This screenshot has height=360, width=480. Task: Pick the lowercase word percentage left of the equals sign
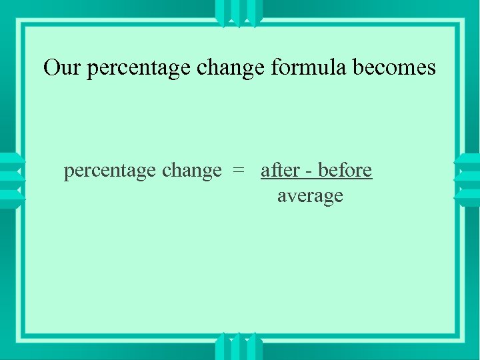[x=110, y=171]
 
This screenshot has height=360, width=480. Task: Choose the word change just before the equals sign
[x=192, y=171]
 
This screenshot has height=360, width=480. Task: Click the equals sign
[x=238, y=171]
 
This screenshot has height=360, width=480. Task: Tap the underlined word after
[x=280, y=170]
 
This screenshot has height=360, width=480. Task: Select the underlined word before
[x=345, y=170]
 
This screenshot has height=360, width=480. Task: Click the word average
[x=310, y=196]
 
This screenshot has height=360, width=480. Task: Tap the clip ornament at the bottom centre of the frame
[x=239, y=347]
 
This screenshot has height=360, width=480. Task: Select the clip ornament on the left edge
[x=11, y=181]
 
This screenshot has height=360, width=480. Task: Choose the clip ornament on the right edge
[x=468, y=181]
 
